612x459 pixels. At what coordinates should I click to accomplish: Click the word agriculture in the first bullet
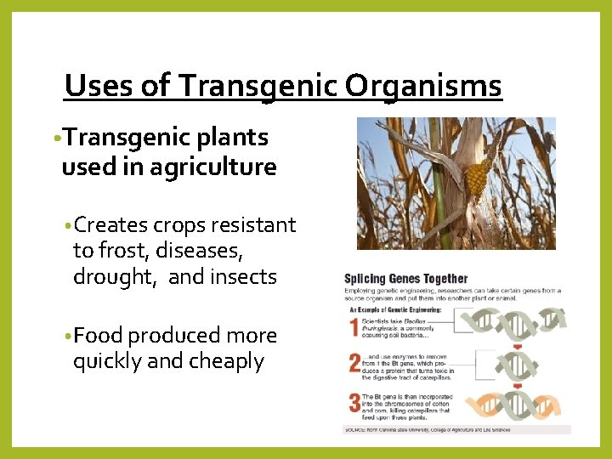213,167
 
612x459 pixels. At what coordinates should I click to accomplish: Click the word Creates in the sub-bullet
110,225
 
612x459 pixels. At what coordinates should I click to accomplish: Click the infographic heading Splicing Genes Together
405,279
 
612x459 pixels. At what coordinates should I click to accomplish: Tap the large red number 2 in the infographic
354,364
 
